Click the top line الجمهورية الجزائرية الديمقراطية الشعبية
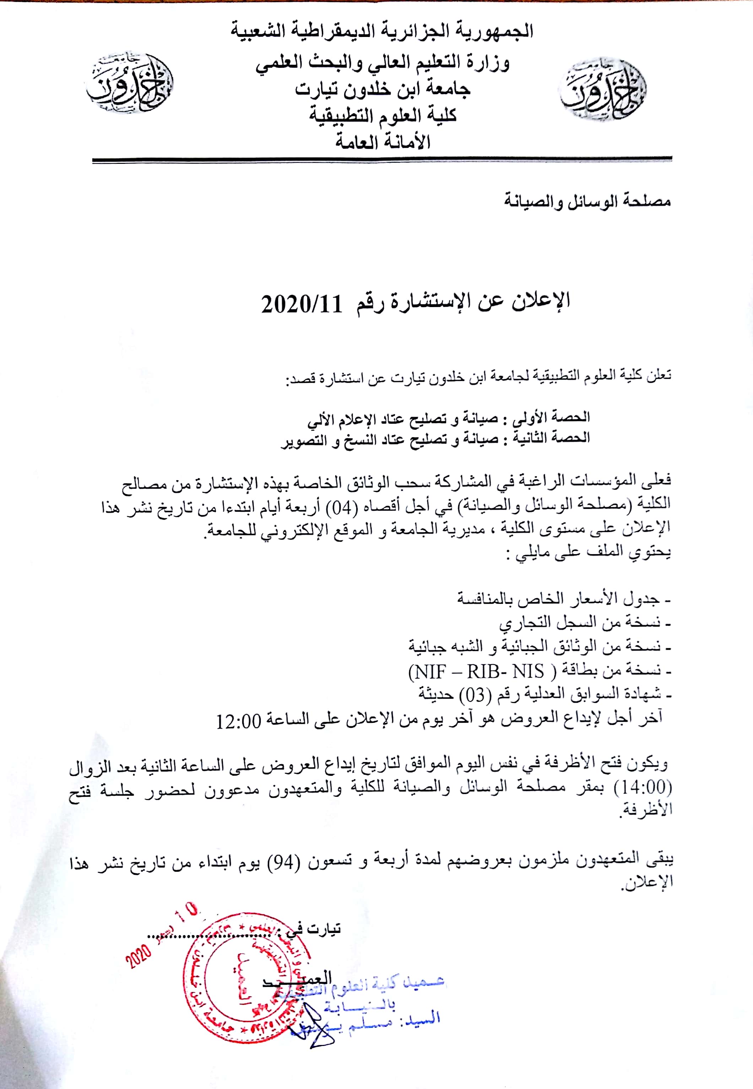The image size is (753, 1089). pos(382,31)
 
